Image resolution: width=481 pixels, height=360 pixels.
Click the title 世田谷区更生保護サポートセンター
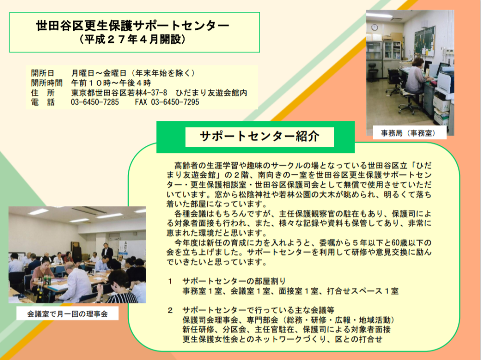pos(133,26)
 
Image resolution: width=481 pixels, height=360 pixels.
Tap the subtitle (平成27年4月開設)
pos(132,39)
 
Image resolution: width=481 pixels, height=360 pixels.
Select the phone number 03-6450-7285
pos(95,102)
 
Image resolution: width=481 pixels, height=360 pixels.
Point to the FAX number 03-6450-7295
pos(167,102)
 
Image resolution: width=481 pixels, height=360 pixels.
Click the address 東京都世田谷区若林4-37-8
pos(119,93)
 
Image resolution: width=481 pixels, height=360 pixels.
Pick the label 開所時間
pos(47,83)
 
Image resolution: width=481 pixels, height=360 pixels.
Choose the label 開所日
pos(43,73)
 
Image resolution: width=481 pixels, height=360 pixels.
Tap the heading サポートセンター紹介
pos(260,137)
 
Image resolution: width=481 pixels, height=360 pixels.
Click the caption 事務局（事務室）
pos(409,133)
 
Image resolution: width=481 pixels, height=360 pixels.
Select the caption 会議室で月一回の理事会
pos(67,314)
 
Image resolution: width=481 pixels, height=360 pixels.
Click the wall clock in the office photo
pos(375,27)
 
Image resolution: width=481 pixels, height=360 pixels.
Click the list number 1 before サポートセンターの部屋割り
pos(170,281)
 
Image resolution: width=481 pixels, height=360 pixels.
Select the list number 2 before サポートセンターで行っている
pos(170,310)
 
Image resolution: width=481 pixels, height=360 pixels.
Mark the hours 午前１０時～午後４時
pos(111,83)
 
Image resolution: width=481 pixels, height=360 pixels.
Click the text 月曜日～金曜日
pos(99,73)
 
